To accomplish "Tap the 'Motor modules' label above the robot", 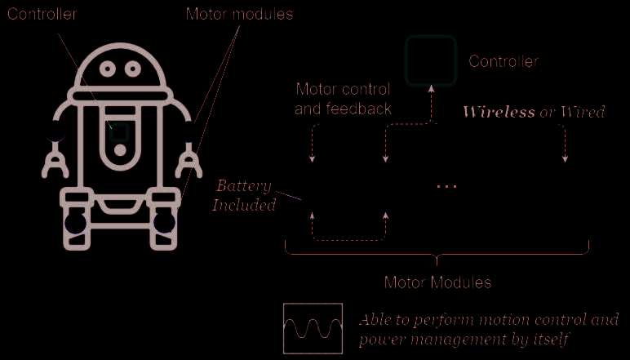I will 239,14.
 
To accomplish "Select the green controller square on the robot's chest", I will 120,131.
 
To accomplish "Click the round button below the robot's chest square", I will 120,150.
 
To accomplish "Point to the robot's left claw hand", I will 55,161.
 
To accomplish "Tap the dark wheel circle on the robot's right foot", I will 166,222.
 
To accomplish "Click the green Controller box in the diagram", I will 429,60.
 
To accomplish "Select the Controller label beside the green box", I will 504,61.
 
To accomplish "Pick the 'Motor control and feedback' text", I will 343,98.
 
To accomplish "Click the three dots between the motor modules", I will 446,187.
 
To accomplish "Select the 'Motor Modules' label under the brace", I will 437,282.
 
